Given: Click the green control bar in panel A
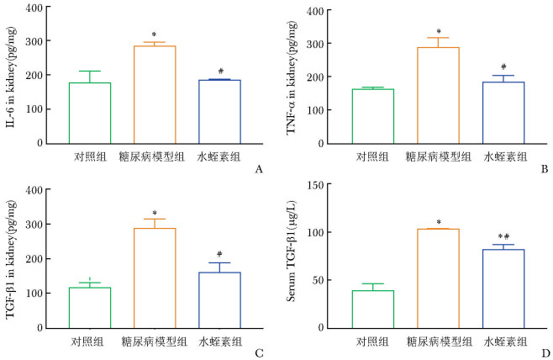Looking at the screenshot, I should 90,113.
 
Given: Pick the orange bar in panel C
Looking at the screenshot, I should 155,278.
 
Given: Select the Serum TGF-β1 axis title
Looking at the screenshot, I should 291,257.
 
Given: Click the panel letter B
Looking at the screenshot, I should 544,170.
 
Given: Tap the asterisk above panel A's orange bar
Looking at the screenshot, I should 154,35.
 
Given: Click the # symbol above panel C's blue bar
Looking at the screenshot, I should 219,255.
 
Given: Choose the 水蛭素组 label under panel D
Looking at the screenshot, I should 504,341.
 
